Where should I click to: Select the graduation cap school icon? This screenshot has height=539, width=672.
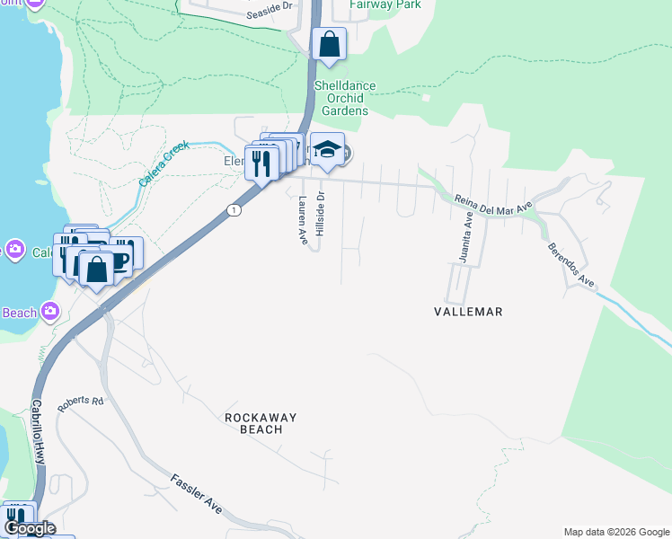[327, 151]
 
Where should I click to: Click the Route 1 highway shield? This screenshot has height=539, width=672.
[234, 210]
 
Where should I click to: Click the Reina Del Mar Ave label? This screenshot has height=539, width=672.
[493, 203]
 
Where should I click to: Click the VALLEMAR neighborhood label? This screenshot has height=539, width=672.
[467, 312]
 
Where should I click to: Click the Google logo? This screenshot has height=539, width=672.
[30, 528]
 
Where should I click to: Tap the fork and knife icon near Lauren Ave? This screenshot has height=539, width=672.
[261, 163]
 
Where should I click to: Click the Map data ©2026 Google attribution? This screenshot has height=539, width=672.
[616, 532]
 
